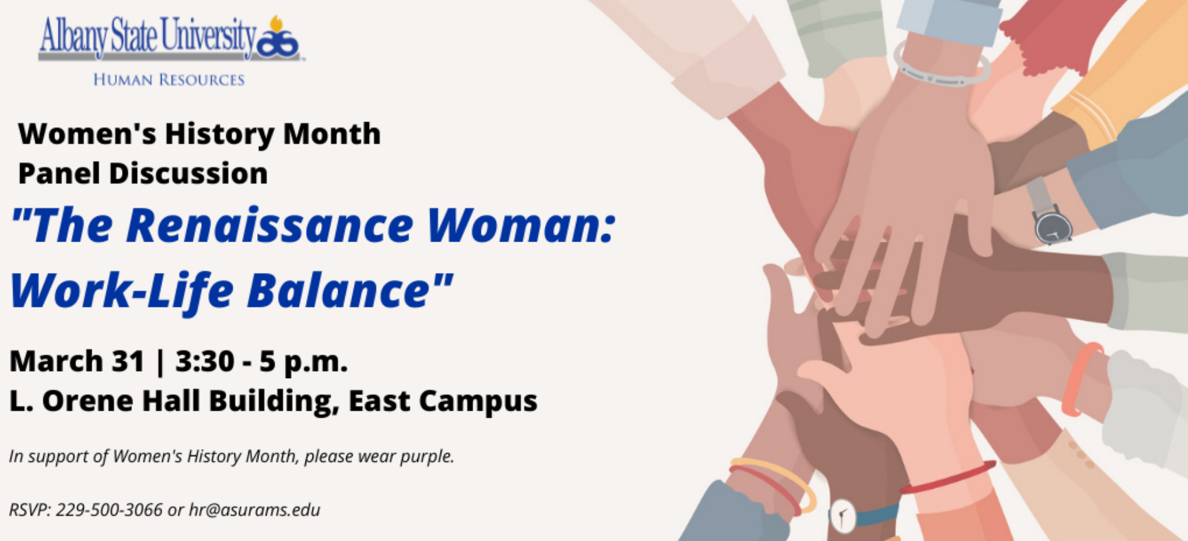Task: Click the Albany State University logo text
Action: click(x=148, y=36)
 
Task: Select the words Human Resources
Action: click(x=168, y=80)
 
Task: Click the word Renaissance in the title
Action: click(x=270, y=225)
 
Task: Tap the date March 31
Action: click(x=77, y=361)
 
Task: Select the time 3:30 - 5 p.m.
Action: click(x=261, y=362)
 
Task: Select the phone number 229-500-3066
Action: click(x=109, y=510)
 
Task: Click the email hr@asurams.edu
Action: click(x=255, y=510)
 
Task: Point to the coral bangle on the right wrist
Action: click(x=1080, y=379)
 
